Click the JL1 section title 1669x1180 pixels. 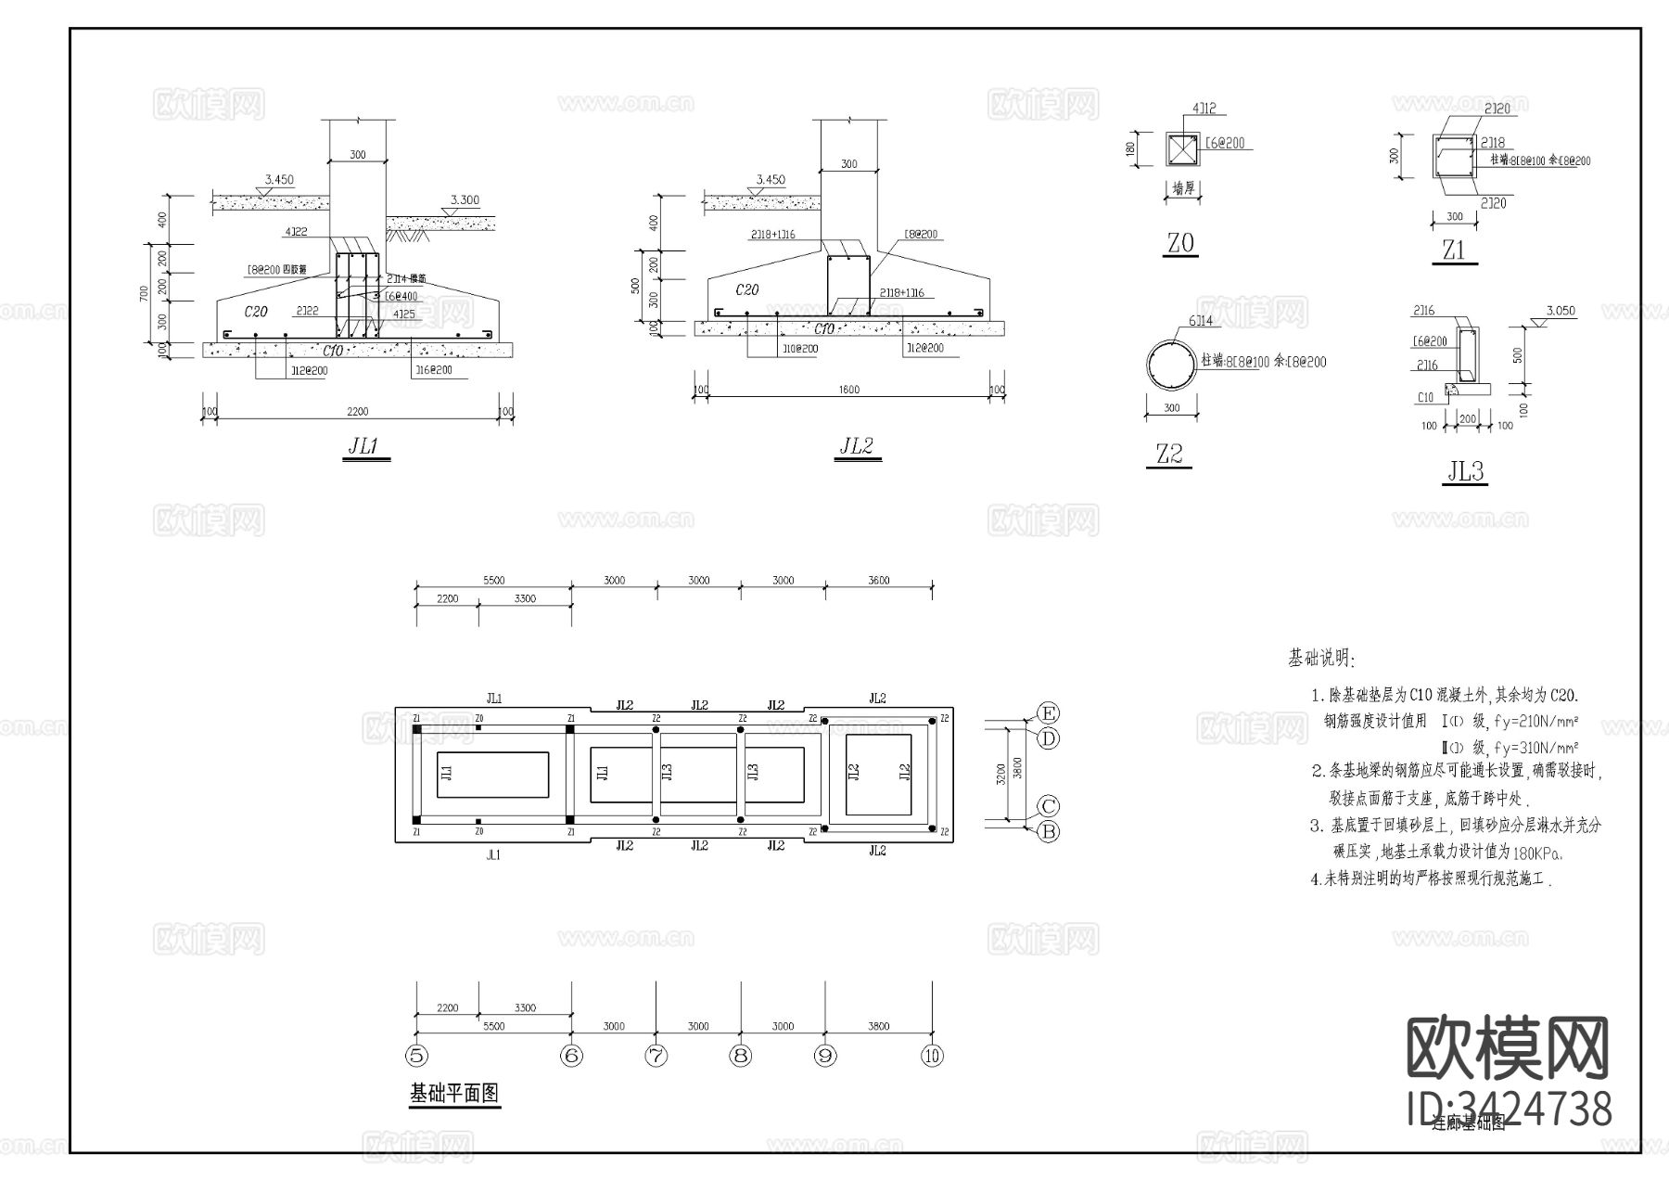tap(363, 446)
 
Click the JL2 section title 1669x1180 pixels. tap(856, 446)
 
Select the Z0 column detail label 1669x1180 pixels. tap(1180, 244)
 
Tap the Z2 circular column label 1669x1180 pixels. tap(1169, 455)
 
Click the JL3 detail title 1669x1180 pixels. tap(1466, 472)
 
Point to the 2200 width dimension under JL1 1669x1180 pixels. tap(357, 412)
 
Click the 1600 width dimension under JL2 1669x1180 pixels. tap(848, 390)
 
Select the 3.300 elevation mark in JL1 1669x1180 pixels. tap(465, 199)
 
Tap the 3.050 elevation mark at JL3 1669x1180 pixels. tap(1561, 311)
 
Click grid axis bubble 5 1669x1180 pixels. tap(416, 1056)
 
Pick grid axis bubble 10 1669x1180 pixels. tap(932, 1056)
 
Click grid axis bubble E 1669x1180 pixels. tap(1048, 713)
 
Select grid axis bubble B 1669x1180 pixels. tap(1048, 832)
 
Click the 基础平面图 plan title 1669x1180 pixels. tap(454, 1094)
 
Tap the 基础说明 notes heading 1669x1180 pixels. tap(1320, 659)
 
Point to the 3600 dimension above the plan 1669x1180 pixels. tap(878, 581)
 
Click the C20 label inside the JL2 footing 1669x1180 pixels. tap(746, 289)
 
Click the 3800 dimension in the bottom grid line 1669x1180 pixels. tap(878, 1026)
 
